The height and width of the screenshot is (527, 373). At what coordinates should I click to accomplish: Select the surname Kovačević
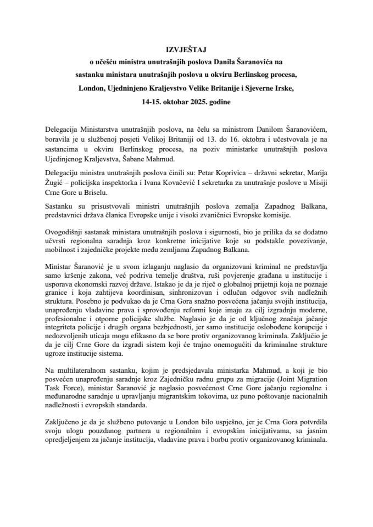pos(167,184)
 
